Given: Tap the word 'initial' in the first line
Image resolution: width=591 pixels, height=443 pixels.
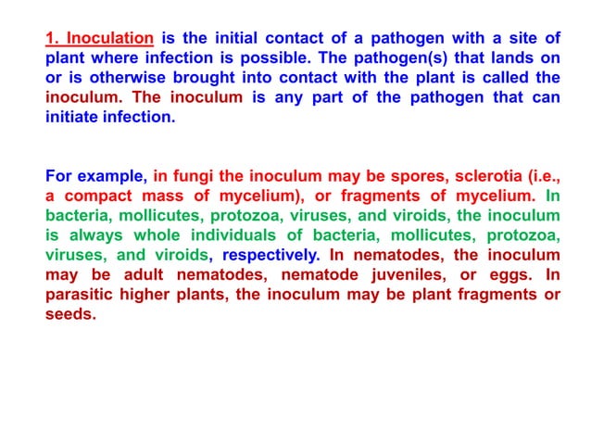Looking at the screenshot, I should coord(243,38).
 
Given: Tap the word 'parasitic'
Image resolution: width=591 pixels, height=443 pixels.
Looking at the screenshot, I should coord(83,295).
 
